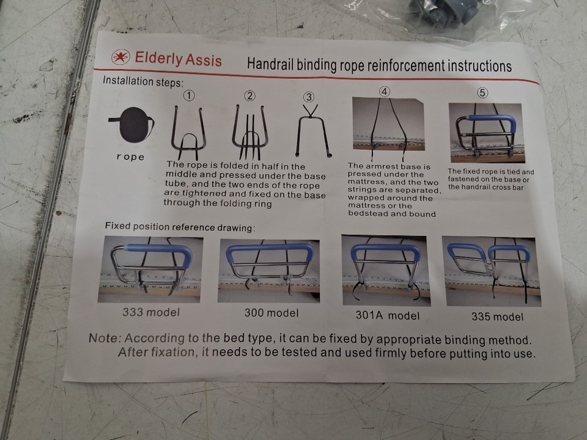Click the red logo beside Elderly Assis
pyautogui.click(x=120, y=57)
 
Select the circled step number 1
pyautogui.click(x=189, y=96)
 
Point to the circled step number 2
pyautogui.click(x=249, y=96)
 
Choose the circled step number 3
pyautogui.click(x=308, y=97)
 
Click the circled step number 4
pyautogui.click(x=385, y=92)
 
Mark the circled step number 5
pyautogui.click(x=482, y=93)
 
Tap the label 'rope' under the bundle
pyautogui.click(x=130, y=157)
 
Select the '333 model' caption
pyautogui.click(x=151, y=312)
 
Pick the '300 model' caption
pyautogui.click(x=271, y=313)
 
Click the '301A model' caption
pyautogui.click(x=388, y=315)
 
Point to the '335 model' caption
pyautogui.click(x=498, y=317)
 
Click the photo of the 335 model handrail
pyautogui.click(x=492, y=271)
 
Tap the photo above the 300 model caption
pyautogui.click(x=269, y=271)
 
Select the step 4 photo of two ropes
pyautogui.click(x=388, y=124)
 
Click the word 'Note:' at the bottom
pyautogui.click(x=105, y=338)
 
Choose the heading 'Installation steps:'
pyautogui.click(x=143, y=81)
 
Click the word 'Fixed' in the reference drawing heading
pyautogui.click(x=117, y=226)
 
